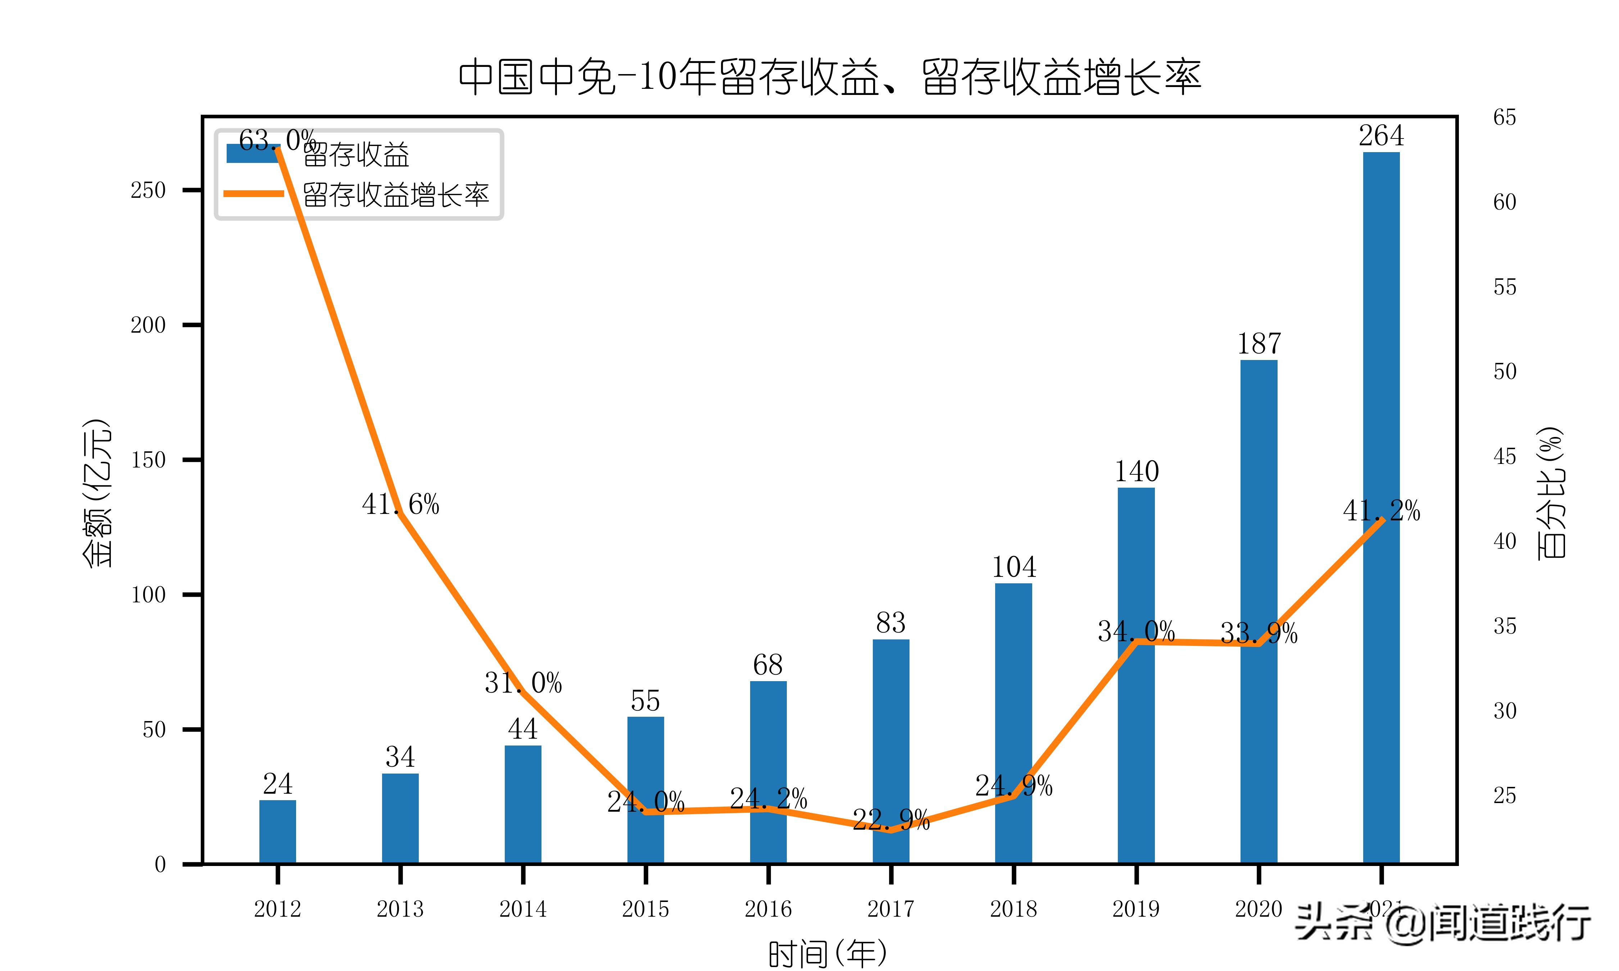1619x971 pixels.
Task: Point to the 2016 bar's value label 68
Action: pyautogui.click(x=768, y=665)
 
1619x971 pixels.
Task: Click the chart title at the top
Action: pyautogui.click(x=829, y=78)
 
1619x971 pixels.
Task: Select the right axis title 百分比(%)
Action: pyautogui.click(x=1550, y=492)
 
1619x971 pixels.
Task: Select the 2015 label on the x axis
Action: pyautogui.click(x=645, y=909)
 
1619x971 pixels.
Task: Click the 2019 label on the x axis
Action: pyautogui.click(x=1136, y=909)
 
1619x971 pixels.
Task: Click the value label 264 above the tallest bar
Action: pyautogui.click(x=1381, y=136)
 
